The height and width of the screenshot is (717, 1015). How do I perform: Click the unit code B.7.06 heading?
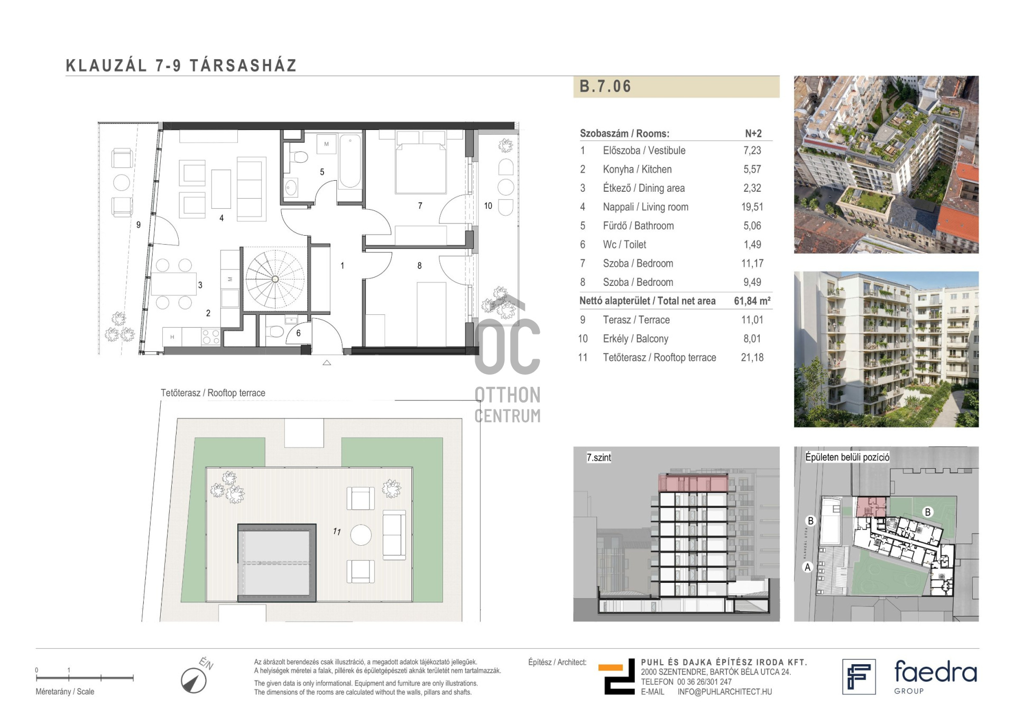(605, 86)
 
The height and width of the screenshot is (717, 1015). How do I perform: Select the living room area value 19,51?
(752, 207)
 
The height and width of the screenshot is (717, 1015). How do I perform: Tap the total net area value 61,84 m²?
(752, 301)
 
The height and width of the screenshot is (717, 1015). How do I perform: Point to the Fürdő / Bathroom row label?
(638, 226)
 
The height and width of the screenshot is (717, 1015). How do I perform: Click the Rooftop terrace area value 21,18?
(752, 358)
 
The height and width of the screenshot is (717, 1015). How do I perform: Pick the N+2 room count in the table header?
(753, 134)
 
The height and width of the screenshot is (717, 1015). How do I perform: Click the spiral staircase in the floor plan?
(275, 279)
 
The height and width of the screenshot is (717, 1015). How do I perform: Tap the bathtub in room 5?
(350, 162)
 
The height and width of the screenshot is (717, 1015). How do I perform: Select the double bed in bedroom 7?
(421, 162)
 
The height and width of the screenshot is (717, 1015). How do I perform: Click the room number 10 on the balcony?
(488, 206)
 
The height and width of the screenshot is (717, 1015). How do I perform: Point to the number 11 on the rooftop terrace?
(337, 532)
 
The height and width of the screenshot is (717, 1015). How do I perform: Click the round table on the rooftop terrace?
(361, 535)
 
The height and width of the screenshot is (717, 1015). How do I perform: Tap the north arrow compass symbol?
(193, 681)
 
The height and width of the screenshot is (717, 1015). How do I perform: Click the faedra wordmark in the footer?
(935, 672)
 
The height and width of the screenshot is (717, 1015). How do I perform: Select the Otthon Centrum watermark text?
(508, 405)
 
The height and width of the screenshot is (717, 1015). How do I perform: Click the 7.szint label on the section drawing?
(599, 458)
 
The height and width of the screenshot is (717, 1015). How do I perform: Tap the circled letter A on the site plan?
(807, 567)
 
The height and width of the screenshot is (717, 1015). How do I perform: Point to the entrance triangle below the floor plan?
(327, 362)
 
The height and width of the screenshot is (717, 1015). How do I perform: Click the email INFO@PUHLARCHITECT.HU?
(725, 692)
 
